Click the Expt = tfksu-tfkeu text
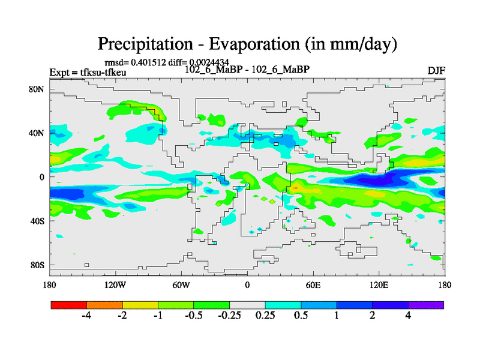click(83, 73)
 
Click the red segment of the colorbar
click(68, 305)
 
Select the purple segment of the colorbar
click(426, 305)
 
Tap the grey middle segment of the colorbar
click(247, 305)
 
